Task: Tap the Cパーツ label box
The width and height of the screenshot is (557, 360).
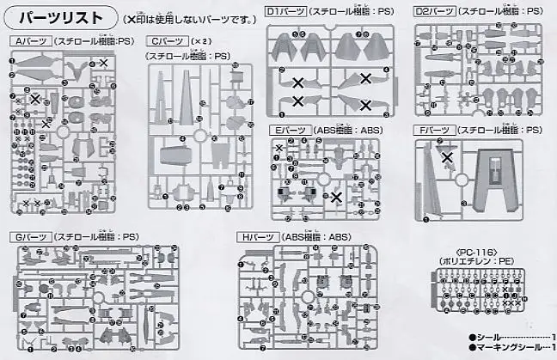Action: point(167,41)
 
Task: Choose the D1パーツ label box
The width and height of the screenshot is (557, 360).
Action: point(285,13)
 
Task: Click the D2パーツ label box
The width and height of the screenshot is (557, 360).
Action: point(435,13)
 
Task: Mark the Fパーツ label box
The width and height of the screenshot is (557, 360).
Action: point(433,130)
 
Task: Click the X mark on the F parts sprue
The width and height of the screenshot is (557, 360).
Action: point(446,156)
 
